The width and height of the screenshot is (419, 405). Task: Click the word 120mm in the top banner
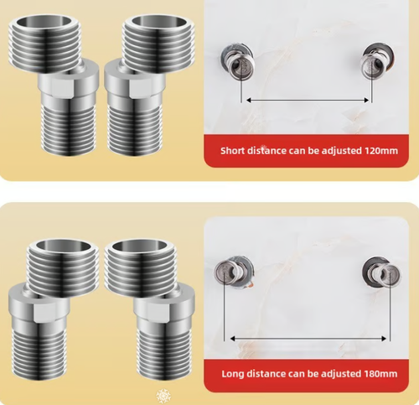381,152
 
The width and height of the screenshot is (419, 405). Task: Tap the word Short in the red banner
234,152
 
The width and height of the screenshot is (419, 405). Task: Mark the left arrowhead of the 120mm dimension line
246,101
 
